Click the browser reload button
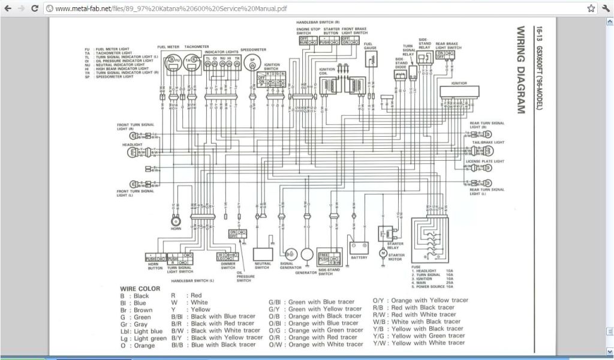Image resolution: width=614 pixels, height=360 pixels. tap(34, 8)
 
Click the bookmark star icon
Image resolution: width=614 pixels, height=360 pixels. tap(591, 8)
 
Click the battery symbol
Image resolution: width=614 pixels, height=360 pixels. tap(359, 247)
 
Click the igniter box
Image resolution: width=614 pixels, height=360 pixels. tap(459, 91)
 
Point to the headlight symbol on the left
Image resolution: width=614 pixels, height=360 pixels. tap(133, 152)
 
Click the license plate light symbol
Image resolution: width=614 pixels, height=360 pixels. tap(488, 169)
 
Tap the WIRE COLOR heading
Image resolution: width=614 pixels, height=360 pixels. tap(140, 289)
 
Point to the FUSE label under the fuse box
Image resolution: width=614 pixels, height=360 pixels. tap(416, 266)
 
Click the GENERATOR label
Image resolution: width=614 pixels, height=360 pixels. tap(306, 272)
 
